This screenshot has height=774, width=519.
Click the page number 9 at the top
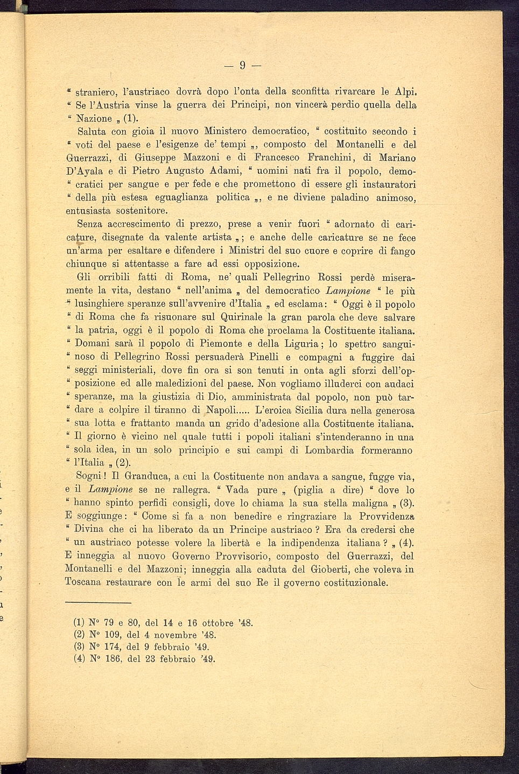point(242,65)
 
